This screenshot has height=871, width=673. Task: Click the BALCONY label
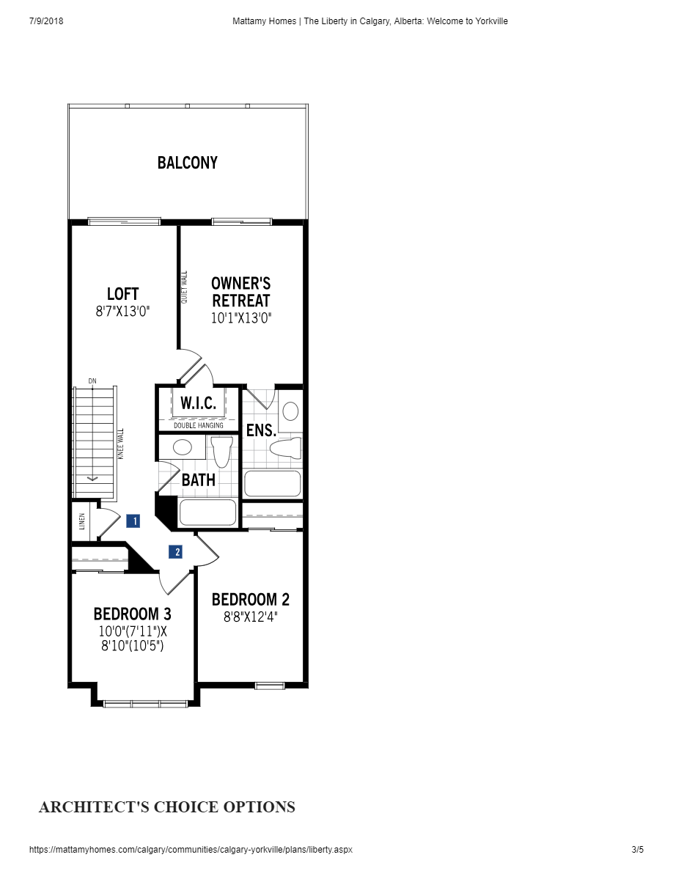click(188, 163)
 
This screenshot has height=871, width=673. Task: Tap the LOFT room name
click(122, 294)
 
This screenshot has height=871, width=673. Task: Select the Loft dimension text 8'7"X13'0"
click(122, 311)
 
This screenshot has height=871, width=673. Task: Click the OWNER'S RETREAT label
click(240, 292)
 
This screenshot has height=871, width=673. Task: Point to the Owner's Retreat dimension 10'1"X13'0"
click(240, 318)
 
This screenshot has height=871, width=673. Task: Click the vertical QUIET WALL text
click(185, 287)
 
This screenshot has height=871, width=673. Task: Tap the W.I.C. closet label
click(198, 404)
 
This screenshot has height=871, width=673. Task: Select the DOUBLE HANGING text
click(199, 425)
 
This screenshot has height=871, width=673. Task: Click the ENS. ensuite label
click(261, 430)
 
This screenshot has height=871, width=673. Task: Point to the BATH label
click(198, 480)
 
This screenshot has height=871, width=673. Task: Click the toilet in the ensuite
click(285, 448)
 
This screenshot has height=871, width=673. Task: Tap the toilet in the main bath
click(221, 451)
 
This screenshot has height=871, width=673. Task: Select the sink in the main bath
click(182, 447)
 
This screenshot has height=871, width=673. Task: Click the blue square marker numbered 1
click(133, 521)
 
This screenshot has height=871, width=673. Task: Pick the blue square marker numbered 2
click(175, 552)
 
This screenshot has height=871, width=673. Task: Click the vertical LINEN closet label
click(81, 522)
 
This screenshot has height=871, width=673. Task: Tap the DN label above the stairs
click(92, 381)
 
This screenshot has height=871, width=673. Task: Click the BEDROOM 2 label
click(250, 600)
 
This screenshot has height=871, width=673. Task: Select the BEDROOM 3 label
click(132, 614)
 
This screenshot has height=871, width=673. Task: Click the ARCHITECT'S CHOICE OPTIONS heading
click(167, 807)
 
